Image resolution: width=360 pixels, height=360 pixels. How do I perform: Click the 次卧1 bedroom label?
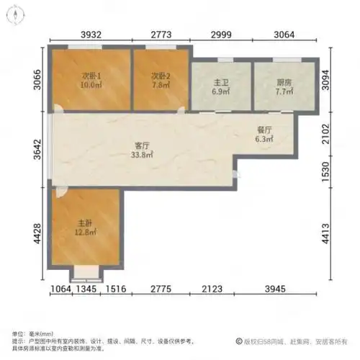(89, 76)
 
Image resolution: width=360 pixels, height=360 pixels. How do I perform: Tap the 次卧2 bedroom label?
(160, 76)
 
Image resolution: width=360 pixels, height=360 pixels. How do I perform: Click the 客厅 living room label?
(141, 144)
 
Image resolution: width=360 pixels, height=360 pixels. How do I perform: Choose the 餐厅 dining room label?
(264, 130)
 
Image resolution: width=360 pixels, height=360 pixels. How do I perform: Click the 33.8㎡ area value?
(141, 153)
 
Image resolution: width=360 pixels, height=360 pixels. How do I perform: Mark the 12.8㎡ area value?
(84, 232)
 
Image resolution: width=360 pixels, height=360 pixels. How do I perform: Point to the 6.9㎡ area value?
(220, 91)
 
